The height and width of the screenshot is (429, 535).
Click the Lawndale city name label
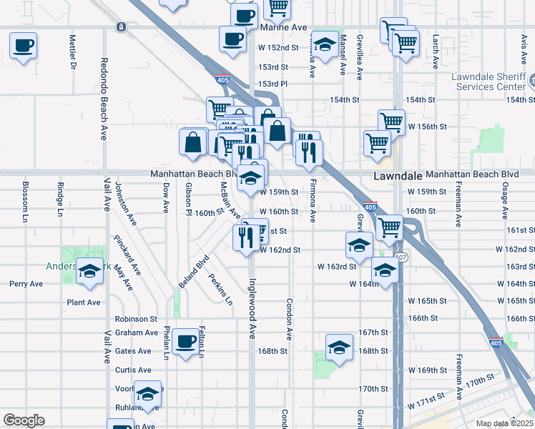click(x=396, y=175)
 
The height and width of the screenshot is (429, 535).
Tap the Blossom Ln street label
click(x=25, y=201)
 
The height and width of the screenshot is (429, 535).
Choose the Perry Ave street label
click(x=26, y=284)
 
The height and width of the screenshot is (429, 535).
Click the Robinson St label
click(x=136, y=319)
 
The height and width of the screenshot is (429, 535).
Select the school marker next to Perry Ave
click(x=89, y=272)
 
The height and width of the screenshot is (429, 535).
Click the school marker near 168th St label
click(x=339, y=347)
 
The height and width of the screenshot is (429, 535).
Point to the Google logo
click(x=24, y=420)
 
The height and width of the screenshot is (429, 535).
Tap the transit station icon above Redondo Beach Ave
click(x=121, y=27)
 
